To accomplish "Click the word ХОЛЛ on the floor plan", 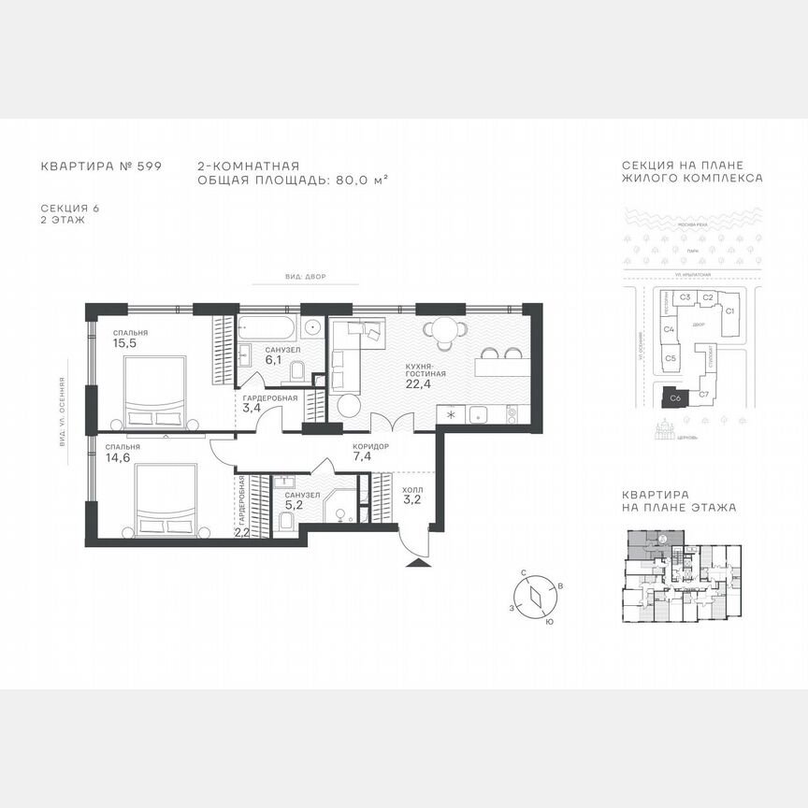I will [x=413, y=488].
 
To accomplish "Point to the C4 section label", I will [x=670, y=329].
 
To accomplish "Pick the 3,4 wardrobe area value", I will [x=251, y=408].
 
